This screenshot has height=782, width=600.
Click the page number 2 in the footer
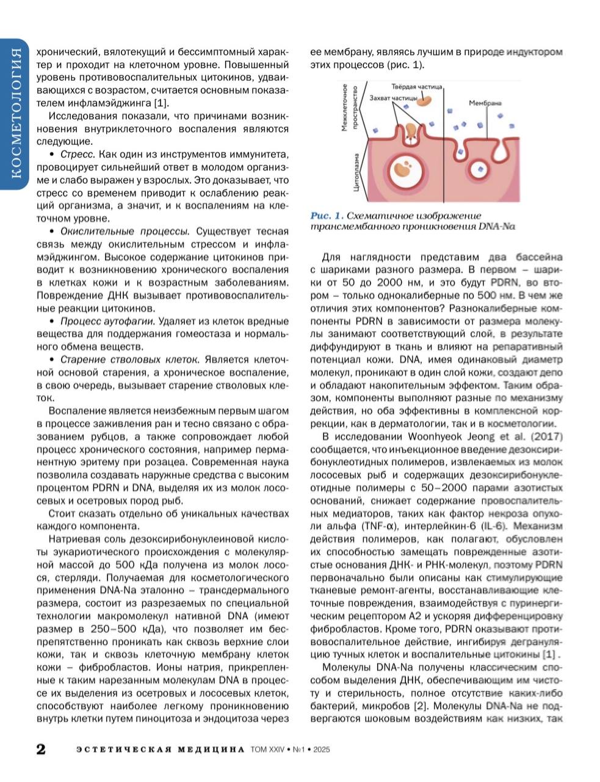(x=40, y=749)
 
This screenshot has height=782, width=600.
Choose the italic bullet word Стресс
(x=76, y=154)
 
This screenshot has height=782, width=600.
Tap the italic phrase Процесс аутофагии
(x=107, y=321)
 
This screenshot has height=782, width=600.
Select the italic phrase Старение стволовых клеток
(x=130, y=359)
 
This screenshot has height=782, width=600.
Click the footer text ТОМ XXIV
(x=264, y=750)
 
